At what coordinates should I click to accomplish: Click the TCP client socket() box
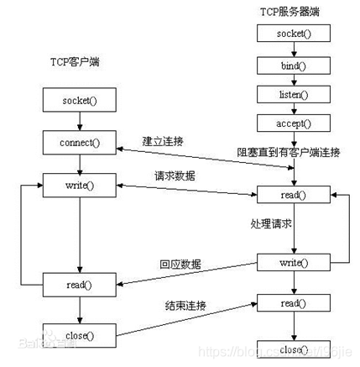78,102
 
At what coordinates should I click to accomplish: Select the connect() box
78,142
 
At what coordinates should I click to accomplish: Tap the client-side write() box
78,183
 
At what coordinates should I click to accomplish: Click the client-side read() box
78,285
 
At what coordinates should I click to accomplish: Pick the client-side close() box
78,336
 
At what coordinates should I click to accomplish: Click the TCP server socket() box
293,34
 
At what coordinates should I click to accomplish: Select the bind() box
293,64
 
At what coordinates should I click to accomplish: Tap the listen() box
293,94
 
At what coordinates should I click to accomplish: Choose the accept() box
293,124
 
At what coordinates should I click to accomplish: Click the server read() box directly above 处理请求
293,195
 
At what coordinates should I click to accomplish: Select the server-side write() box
293,264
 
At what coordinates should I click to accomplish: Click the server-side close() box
293,349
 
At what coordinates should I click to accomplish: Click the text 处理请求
272,225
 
